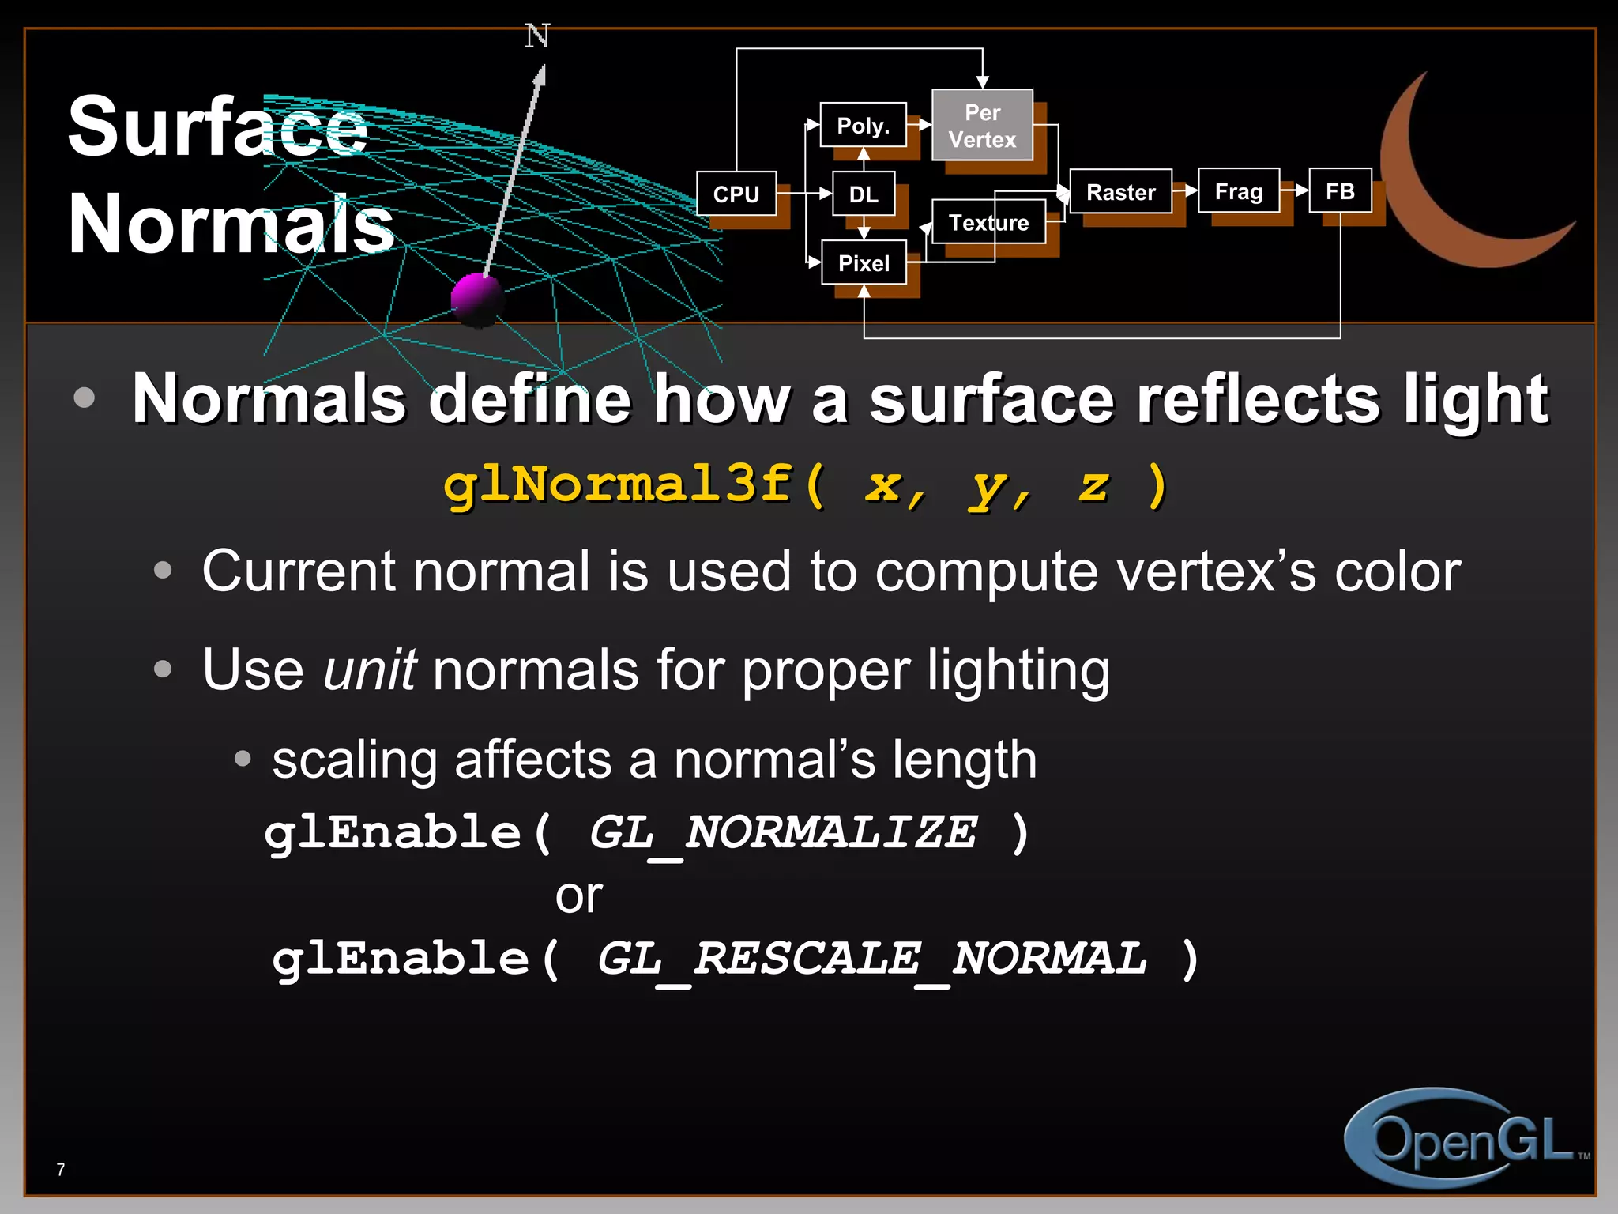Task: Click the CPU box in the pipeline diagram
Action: pyautogui.click(x=736, y=194)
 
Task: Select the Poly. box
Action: pyautogui.click(x=863, y=125)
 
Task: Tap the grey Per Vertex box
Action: pyautogui.click(x=982, y=126)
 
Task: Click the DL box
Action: pyautogui.click(x=864, y=194)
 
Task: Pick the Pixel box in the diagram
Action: pyautogui.click(x=864, y=262)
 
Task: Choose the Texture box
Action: pyautogui.click(x=988, y=222)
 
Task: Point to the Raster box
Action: pyautogui.click(x=1120, y=191)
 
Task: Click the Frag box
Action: pyautogui.click(x=1238, y=190)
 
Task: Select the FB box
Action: pyautogui.click(x=1340, y=190)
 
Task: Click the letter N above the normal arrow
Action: pyautogui.click(x=537, y=36)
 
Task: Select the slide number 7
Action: pyautogui.click(x=61, y=1169)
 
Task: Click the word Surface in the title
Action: pyautogui.click(x=217, y=126)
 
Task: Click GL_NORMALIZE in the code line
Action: pyautogui.click(x=782, y=832)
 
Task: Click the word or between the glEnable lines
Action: pyautogui.click(x=578, y=896)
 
